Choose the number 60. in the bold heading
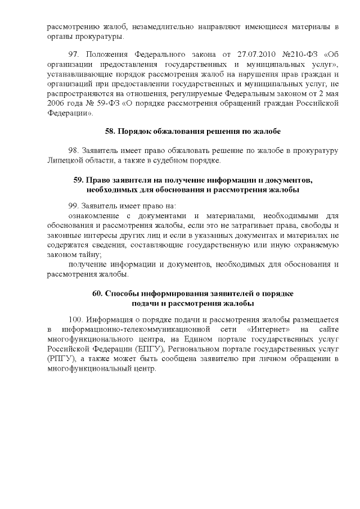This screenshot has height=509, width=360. (97, 294)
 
